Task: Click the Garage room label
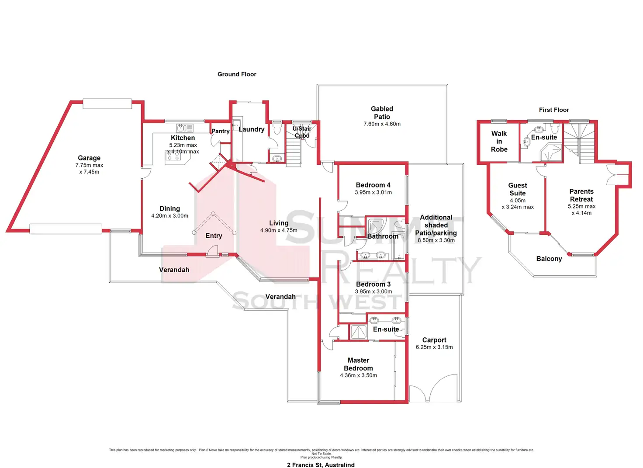89,158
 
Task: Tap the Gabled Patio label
382,113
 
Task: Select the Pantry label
220,131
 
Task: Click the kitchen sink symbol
184,128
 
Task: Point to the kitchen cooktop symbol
173,156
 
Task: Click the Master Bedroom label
358,364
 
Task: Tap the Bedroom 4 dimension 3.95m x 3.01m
373,192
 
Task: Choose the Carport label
434,340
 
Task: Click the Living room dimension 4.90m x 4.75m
279,230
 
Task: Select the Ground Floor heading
237,74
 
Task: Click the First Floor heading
554,110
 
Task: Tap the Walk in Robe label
499,142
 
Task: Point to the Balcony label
549,259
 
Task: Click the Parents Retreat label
581,195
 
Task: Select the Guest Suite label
518,189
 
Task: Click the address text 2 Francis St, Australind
321,465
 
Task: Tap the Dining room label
169,209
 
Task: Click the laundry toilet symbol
276,128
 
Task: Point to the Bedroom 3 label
373,284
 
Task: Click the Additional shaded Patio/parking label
436,225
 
